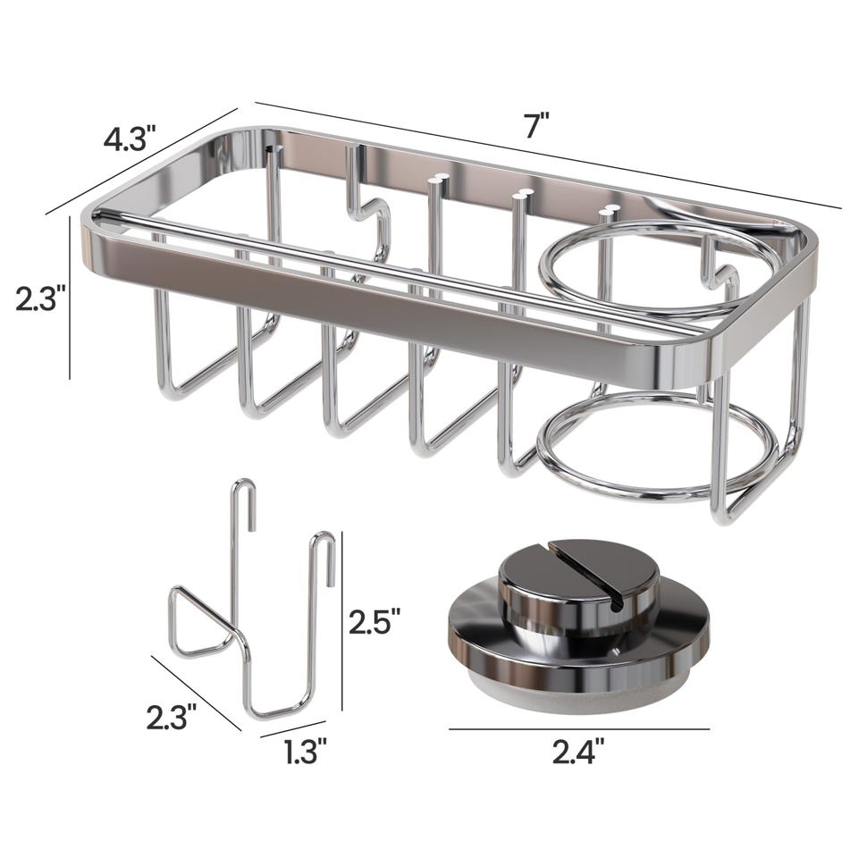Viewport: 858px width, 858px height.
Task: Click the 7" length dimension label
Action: (x=536, y=126)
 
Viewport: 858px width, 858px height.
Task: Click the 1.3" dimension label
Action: (x=306, y=752)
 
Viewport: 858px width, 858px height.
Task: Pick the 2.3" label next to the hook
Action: (x=172, y=718)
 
